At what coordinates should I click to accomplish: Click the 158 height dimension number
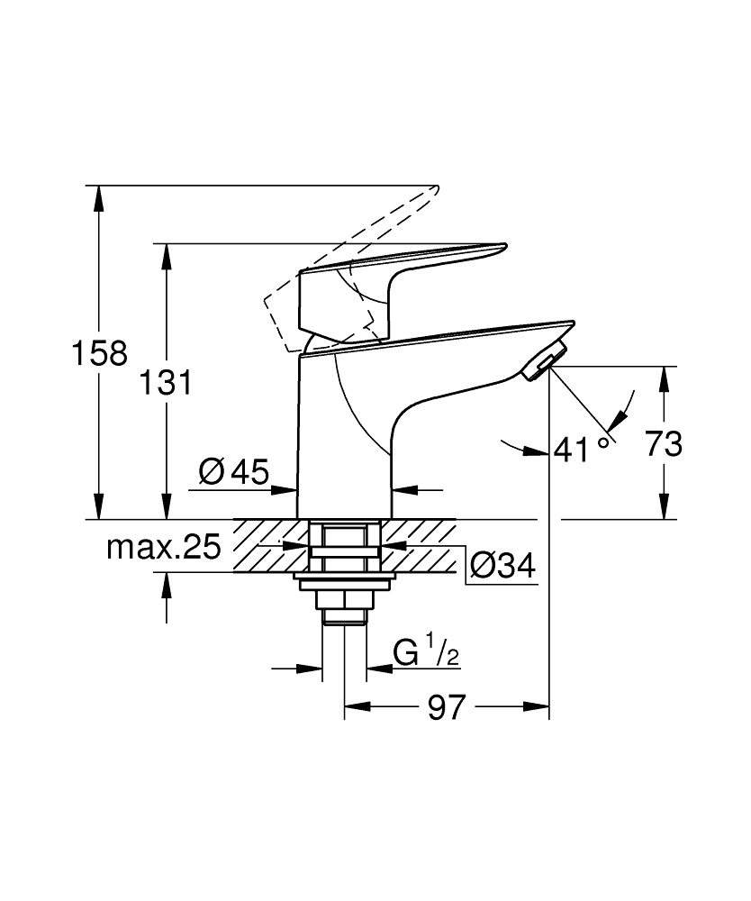(100, 353)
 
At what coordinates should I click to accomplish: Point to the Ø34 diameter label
(502, 565)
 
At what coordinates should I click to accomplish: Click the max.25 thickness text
(164, 547)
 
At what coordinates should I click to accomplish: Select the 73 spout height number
(665, 443)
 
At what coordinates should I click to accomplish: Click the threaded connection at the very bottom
(343, 616)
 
